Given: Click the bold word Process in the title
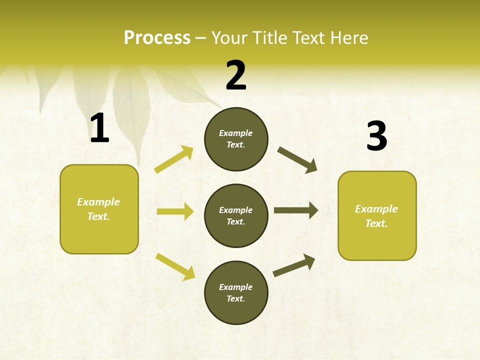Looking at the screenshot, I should click(157, 38).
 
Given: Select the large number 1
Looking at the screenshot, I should click(99, 128).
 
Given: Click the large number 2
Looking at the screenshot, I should click(236, 75).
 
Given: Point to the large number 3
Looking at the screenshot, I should click(376, 136).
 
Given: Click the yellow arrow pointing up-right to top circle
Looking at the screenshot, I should click(174, 159).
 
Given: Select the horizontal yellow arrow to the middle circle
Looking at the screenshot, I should click(175, 211).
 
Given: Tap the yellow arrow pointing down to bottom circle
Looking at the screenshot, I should click(175, 266).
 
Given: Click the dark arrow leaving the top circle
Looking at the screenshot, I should click(297, 160).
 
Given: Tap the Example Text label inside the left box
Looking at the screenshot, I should click(98, 209).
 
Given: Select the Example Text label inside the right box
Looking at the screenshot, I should click(376, 216).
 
